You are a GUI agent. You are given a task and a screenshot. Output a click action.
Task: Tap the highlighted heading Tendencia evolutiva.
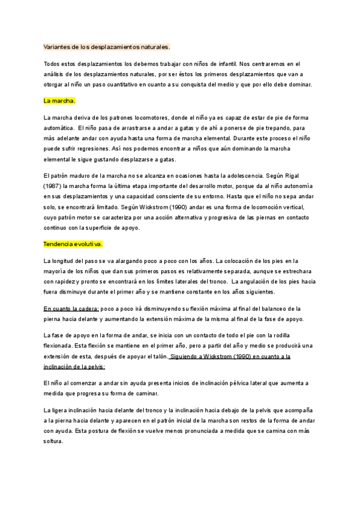(73, 244)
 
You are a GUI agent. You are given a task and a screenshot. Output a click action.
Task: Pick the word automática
(59, 128)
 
